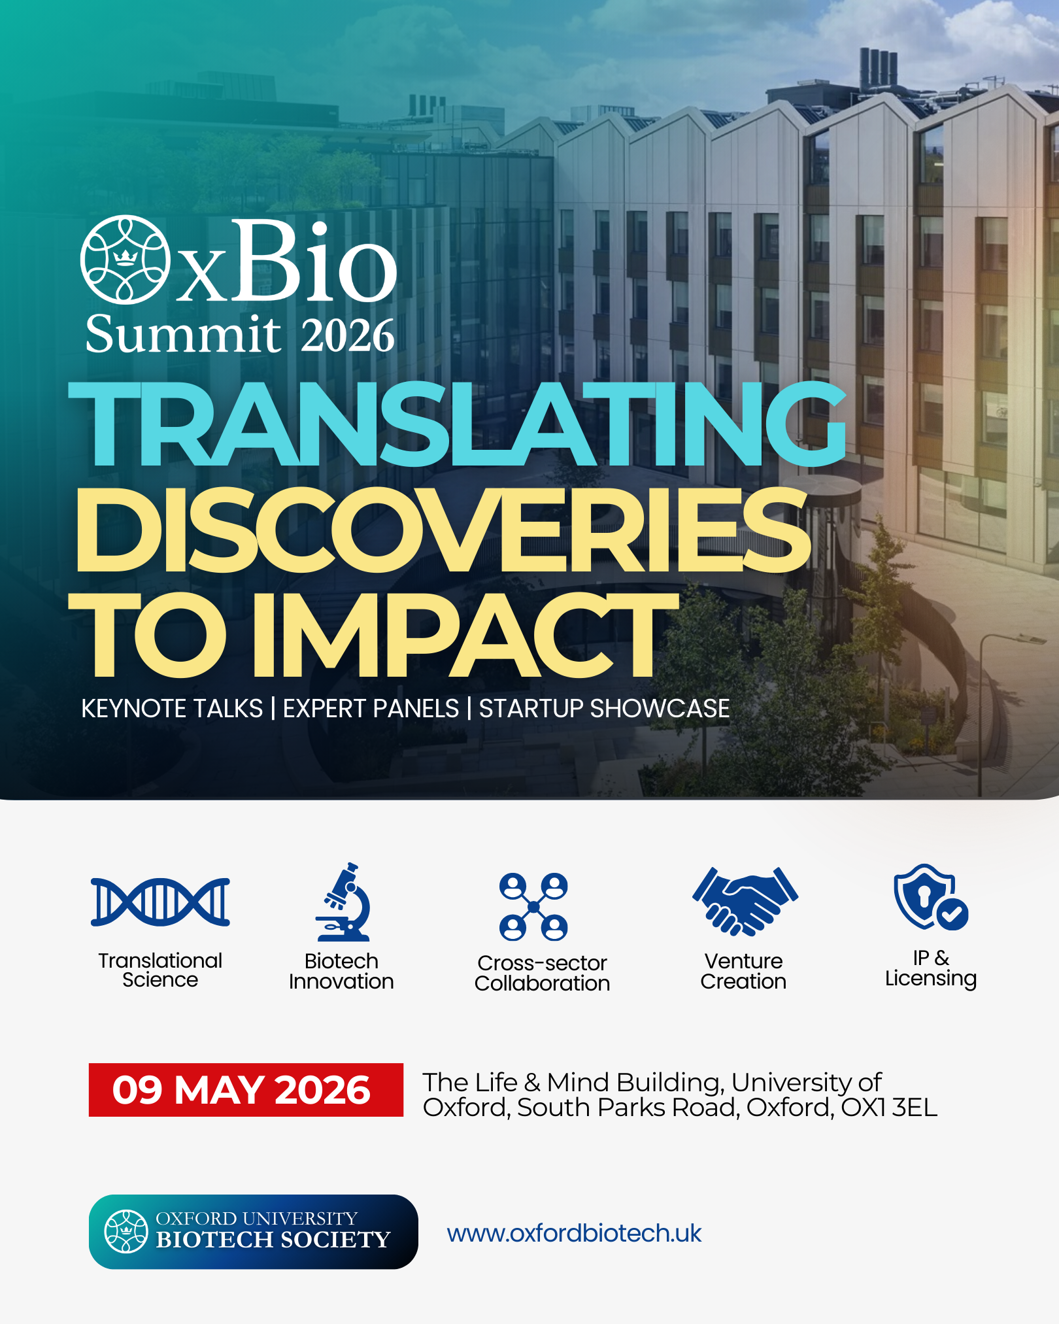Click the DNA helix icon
[160, 902]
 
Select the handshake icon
[745, 902]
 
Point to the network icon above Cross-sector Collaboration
[533, 906]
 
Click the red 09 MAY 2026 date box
[246, 1090]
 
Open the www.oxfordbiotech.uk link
[574, 1233]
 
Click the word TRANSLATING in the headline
[458, 425]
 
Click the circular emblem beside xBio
[125, 260]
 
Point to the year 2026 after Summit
[348, 335]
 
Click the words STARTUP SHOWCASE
[604, 709]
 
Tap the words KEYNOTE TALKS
[172, 709]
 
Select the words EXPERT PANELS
[371, 709]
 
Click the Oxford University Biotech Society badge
[253, 1232]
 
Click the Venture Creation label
[743, 971]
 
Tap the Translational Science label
[160, 970]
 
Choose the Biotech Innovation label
[341, 971]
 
